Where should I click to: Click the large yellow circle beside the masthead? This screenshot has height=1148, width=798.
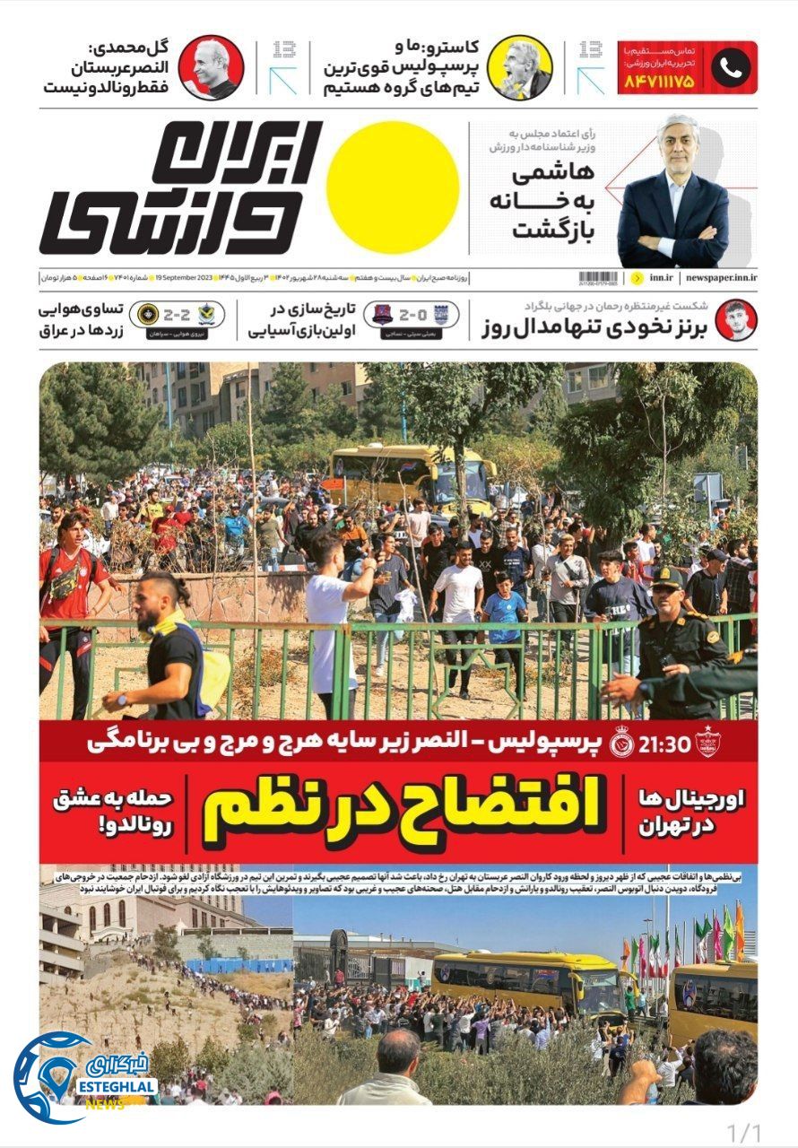click(393, 187)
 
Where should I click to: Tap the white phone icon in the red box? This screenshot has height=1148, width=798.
click(730, 67)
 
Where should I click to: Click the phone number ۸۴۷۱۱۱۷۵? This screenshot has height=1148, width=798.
click(657, 82)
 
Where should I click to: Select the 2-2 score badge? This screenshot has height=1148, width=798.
click(178, 316)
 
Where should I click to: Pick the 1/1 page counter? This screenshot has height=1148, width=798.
click(743, 1132)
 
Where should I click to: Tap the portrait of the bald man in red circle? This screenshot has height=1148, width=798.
click(211, 67)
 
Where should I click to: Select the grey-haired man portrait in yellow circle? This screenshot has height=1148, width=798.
click(519, 67)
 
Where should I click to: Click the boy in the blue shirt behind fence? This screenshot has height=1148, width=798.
click(505, 610)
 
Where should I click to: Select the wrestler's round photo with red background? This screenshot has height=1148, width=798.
click(735, 319)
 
